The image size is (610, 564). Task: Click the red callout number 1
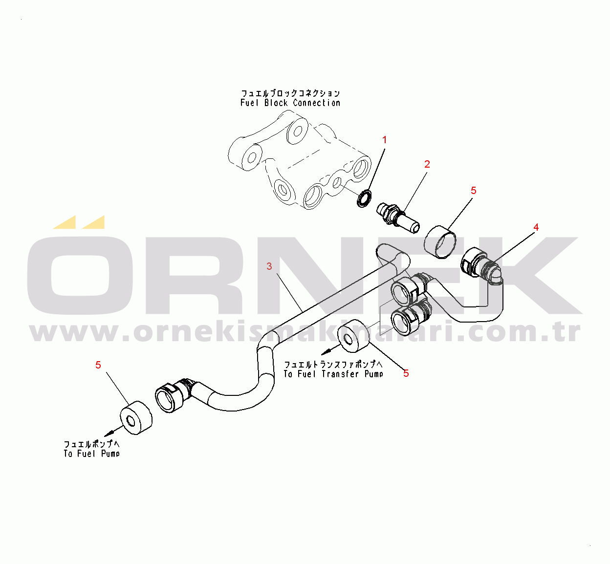(384, 140)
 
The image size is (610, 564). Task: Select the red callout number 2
(427, 164)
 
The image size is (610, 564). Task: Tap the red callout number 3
(269, 266)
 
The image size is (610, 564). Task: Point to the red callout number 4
(536, 227)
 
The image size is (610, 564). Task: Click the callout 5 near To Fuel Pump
(98, 365)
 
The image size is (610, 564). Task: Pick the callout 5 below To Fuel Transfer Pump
(406, 373)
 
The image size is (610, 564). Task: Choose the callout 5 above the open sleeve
(473, 191)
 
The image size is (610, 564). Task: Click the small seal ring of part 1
(364, 198)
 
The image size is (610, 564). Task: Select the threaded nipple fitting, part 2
(398, 217)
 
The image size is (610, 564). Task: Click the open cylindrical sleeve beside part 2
(440, 242)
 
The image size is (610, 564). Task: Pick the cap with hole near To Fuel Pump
(136, 417)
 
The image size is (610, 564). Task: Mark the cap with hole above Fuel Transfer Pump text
(354, 336)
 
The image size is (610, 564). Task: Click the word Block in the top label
(276, 103)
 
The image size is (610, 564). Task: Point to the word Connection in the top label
(316, 103)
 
